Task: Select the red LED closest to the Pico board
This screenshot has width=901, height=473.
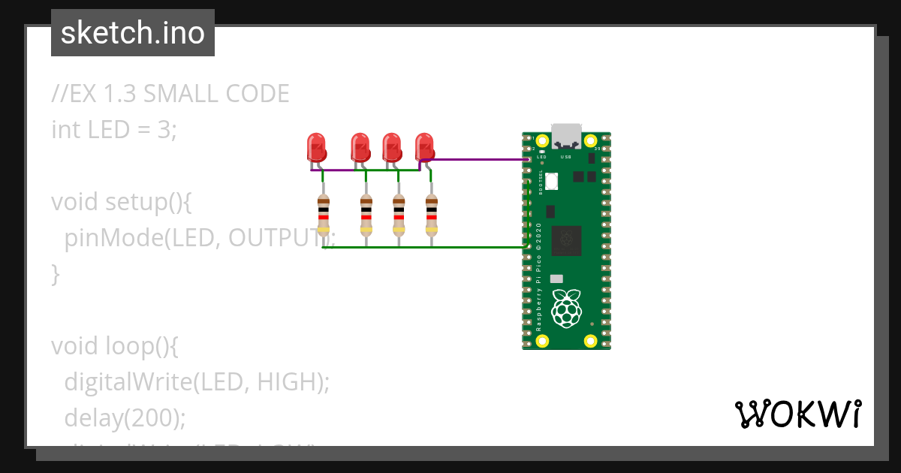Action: (x=425, y=146)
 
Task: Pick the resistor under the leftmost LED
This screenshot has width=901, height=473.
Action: (x=324, y=215)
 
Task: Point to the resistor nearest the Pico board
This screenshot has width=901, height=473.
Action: (x=431, y=215)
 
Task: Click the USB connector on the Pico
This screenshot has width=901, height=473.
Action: (x=566, y=135)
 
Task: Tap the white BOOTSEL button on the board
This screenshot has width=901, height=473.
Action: (x=553, y=182)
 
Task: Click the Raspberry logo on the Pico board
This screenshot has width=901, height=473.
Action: (x=566, y=308)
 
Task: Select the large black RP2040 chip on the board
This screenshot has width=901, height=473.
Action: (x=566, y=240)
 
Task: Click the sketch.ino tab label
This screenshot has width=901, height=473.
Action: (x=133, y=33)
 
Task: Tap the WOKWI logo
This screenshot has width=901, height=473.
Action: (x=797, y=414)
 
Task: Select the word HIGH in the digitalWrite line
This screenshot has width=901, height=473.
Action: (x=288, y=382)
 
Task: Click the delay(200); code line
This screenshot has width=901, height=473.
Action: (x=125, y=417)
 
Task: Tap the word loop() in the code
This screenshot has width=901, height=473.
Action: (x=143, y=346)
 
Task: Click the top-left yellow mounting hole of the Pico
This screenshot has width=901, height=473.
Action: (x=542, y=140)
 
